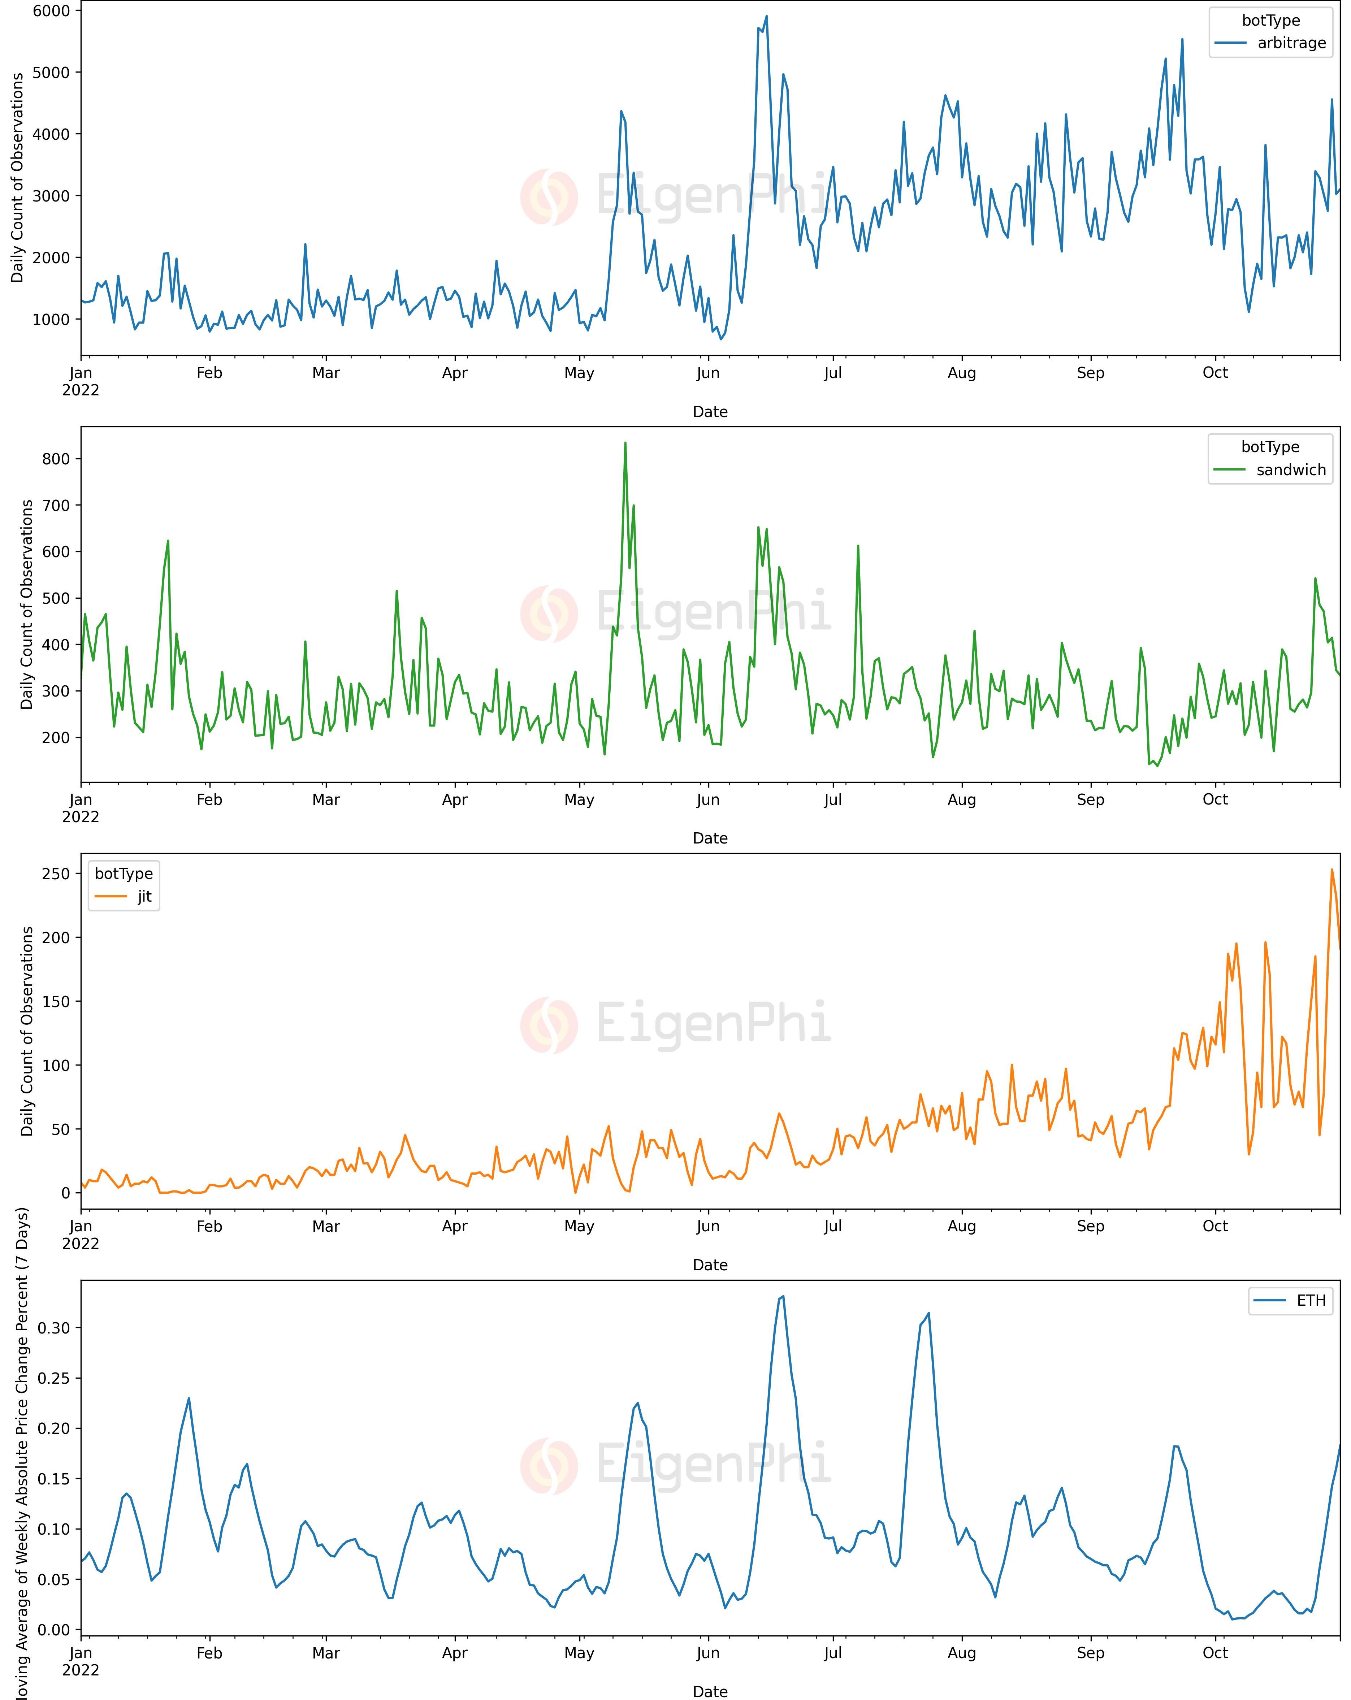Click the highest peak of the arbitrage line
pyautogui.click(x=766, y=17)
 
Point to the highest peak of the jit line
pyautogui.click(x=1332, y=870)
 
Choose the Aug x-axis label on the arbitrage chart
pyautogui.click(x=961, y=373)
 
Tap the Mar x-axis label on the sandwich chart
pyautogui.click(x=326, y=799)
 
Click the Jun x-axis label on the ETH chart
pyautogui.click(x=708, y=1653)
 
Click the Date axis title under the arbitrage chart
pyautogui.click(x=710, y=412)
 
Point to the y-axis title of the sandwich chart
pyautogui.click(x=27, y=604)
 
